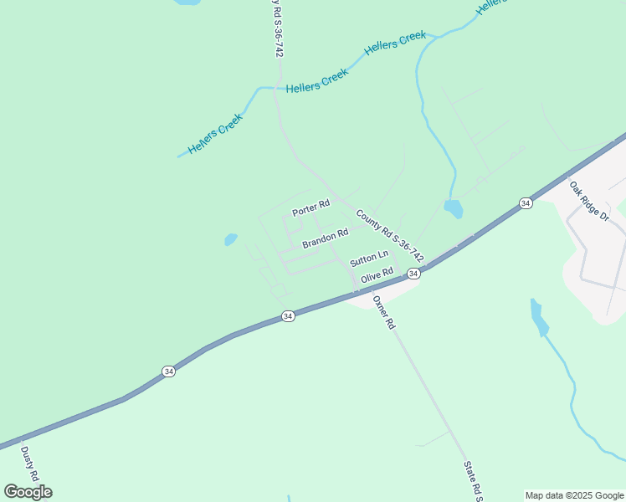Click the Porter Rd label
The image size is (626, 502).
click(310, 204)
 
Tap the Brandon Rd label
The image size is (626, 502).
click(325, 238)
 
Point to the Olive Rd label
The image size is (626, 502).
click(377, 275)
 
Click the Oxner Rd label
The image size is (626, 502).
click(383, 312)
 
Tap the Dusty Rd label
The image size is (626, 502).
click(30, 463)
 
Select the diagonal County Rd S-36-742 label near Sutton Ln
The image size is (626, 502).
click(389, 235)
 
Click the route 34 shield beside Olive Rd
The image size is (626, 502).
click(413, 274)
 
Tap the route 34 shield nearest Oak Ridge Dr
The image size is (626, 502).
click(525, 203)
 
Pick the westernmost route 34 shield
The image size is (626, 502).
click(168, 371)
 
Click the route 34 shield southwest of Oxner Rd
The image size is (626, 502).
click(288, 316)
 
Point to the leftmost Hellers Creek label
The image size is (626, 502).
click(215, 134)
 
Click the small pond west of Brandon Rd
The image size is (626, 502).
click(231, 240)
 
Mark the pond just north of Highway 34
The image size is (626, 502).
click(453, 208)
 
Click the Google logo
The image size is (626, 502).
click(28, 491)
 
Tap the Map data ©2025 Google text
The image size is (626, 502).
click(574, 495)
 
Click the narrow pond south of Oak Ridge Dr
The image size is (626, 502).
click(538, 316)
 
